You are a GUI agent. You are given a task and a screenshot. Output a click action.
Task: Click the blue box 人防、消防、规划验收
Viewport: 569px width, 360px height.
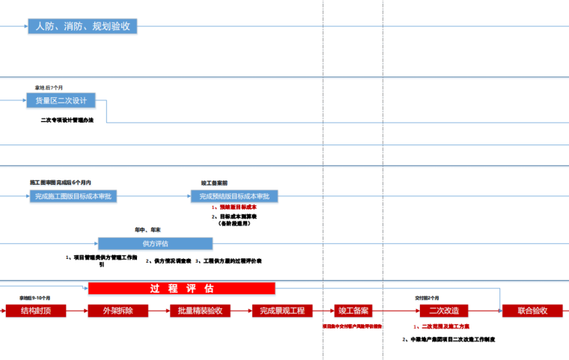(82, 27)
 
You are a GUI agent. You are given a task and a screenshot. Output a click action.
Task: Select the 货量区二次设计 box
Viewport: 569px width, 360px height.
(67, 101)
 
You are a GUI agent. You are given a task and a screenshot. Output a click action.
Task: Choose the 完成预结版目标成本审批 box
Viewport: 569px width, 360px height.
(234, 196)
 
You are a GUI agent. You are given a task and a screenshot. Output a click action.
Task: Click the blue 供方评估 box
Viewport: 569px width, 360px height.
(155, 243)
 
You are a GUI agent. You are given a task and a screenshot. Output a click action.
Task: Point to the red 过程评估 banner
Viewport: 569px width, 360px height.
(182, 288)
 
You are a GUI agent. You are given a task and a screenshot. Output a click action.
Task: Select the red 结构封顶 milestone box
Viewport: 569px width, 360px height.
(36, 311)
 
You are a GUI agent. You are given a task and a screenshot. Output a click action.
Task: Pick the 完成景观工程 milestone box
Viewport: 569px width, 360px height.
(282, 311)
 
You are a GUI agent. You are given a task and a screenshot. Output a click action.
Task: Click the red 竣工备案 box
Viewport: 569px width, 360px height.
(353, 311)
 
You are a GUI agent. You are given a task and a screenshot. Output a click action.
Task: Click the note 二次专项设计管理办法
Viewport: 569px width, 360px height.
(67, 120)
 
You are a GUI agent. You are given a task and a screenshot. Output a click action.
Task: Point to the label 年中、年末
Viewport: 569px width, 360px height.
(147, 230)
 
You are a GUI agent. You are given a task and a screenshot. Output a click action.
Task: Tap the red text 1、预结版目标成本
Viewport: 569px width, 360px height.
(234, 207)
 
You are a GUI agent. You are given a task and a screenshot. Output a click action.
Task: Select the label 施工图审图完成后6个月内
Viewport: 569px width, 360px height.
(61, 183)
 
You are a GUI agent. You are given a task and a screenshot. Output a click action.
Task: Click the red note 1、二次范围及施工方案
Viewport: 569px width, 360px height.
(442, 327)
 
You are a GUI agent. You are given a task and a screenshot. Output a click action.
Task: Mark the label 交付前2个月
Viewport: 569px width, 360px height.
(427, 297)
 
